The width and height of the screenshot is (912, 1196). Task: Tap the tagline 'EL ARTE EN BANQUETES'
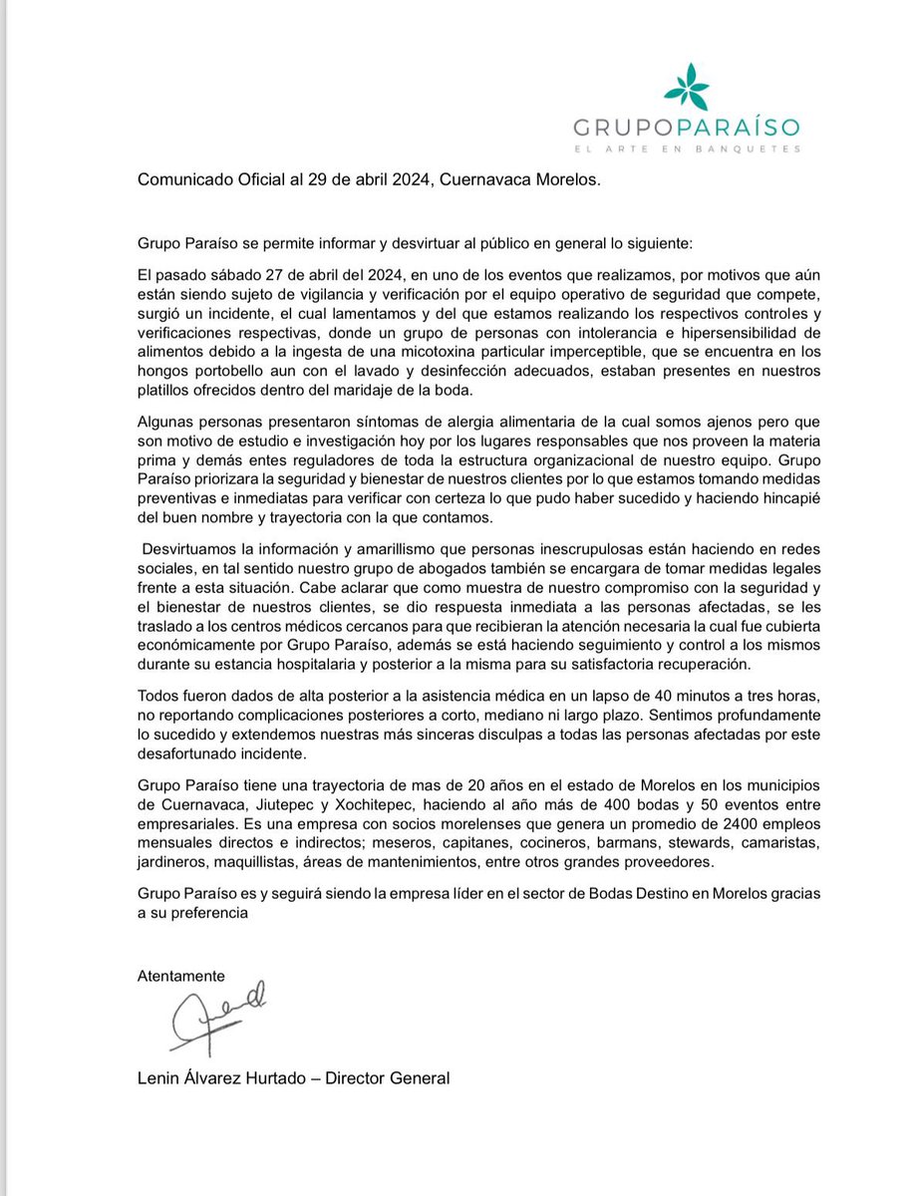tap(687, 149)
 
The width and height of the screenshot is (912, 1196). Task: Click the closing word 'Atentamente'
tap(181, 976)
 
